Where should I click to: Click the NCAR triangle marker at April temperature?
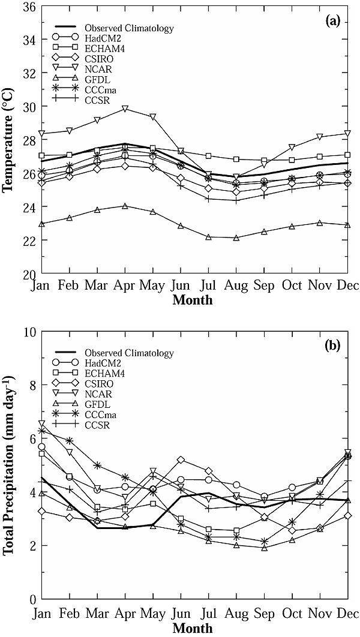125,109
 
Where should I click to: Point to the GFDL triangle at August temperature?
236,238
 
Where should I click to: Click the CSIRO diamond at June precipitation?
180,459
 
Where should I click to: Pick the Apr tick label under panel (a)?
125,286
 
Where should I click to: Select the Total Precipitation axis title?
9,465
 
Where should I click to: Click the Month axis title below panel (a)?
192,300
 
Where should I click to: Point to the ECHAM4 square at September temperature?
264,161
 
